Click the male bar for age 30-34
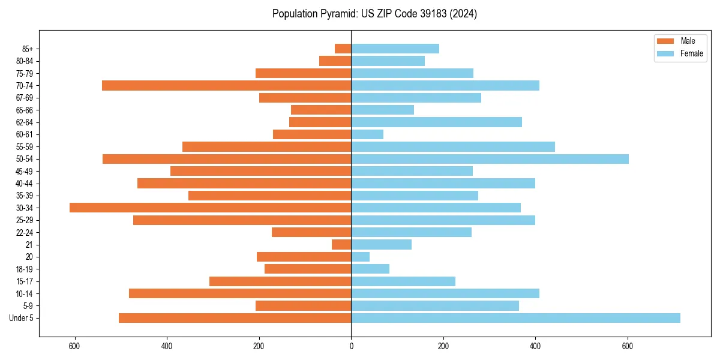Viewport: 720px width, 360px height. click(210, 208)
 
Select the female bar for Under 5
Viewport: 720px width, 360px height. click(515, 318)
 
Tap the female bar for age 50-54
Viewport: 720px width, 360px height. click(490, 159)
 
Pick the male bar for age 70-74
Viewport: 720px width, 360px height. click(226, 85)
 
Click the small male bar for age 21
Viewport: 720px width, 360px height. click(341, 244)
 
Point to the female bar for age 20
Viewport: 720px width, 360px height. click(360, 257)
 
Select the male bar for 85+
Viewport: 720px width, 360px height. click(343, 49)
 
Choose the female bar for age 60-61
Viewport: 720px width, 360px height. click(367, 134)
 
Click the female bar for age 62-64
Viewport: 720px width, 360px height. click(436, 122)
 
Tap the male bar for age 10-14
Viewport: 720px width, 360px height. click(240, 293)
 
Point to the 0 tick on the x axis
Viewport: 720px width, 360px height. click(351, 346)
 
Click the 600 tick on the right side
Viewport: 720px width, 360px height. click(628, 346)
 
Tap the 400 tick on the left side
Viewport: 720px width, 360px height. click(167, 346)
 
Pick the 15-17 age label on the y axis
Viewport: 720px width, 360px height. click(25, 281)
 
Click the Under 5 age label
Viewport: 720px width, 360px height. click(21, 318)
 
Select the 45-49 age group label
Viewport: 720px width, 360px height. click(25, 171)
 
